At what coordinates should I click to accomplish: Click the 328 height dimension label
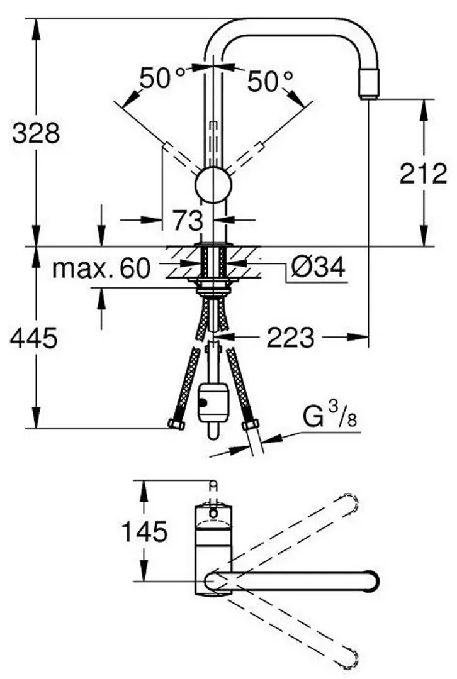[37, 133]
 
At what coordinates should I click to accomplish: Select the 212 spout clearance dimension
[423, 174]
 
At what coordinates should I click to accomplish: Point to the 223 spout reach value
[290, 339]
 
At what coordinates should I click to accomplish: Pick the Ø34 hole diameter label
[319, 268]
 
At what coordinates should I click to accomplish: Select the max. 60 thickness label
[101, 269]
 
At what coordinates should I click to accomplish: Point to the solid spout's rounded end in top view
[371, 579]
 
